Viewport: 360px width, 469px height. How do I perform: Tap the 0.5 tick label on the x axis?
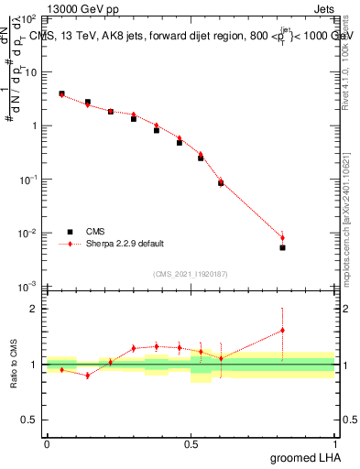pos(191,442)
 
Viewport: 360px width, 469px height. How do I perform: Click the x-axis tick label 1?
pos(335,442)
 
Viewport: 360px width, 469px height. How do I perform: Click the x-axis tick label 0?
pos(47,442)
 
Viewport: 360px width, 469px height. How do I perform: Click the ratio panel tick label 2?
pos(33,309)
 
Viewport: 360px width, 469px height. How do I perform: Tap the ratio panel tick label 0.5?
pos(29,420)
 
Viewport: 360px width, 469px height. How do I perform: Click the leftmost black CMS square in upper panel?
pos(61,93)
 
